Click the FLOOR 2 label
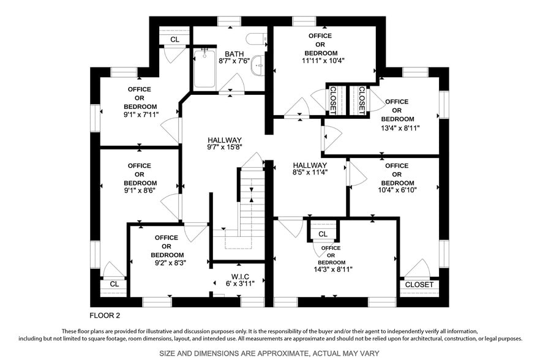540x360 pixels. pyautogui.click(x=105, y=316)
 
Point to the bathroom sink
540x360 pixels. pyautogui.click(x=258, y=64)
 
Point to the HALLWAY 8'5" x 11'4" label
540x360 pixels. pyautogui.click(x=310, y=169)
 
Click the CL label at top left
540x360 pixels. pyautogui.click(x=175, y=39)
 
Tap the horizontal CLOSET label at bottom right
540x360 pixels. pyautogui.click(x=419, y=285)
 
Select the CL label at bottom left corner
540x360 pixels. pyautogui.click(x=114, y=284)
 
